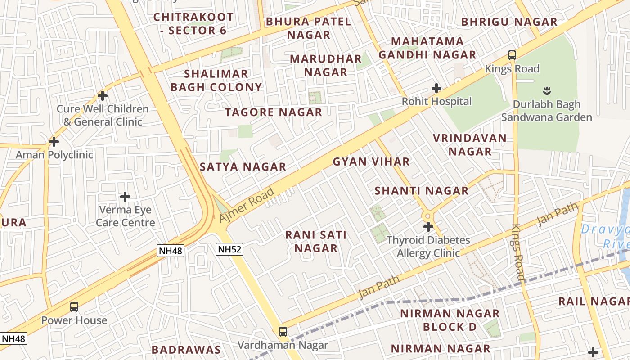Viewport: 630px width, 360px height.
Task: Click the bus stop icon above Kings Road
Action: point(512,55)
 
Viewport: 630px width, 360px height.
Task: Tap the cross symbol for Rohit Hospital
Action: point(436,88)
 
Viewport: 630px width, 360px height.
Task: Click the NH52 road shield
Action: point(229,249)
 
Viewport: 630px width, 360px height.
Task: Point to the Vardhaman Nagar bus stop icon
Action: point(283,332)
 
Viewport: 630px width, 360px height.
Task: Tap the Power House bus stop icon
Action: point(74,307)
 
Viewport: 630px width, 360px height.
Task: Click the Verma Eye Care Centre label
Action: point(125,216)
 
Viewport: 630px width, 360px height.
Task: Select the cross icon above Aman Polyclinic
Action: point(54,142)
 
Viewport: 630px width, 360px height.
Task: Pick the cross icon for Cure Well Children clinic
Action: point(103,96)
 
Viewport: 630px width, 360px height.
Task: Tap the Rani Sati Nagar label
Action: point(316,242)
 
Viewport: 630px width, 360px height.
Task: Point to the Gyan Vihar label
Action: point(371,162)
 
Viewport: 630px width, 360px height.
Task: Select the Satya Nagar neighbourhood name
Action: point(243,167)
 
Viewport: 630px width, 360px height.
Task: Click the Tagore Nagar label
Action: point(274,112)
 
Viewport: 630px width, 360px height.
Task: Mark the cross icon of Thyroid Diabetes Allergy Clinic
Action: point(428,227)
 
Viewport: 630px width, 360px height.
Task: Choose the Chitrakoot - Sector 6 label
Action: point(193,24)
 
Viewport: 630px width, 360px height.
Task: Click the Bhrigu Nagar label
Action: point(509,22)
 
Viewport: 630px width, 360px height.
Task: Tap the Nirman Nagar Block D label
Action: point(450,320)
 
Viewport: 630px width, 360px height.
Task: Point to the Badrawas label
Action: point(186,350)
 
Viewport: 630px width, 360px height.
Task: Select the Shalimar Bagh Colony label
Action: point(216,81)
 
